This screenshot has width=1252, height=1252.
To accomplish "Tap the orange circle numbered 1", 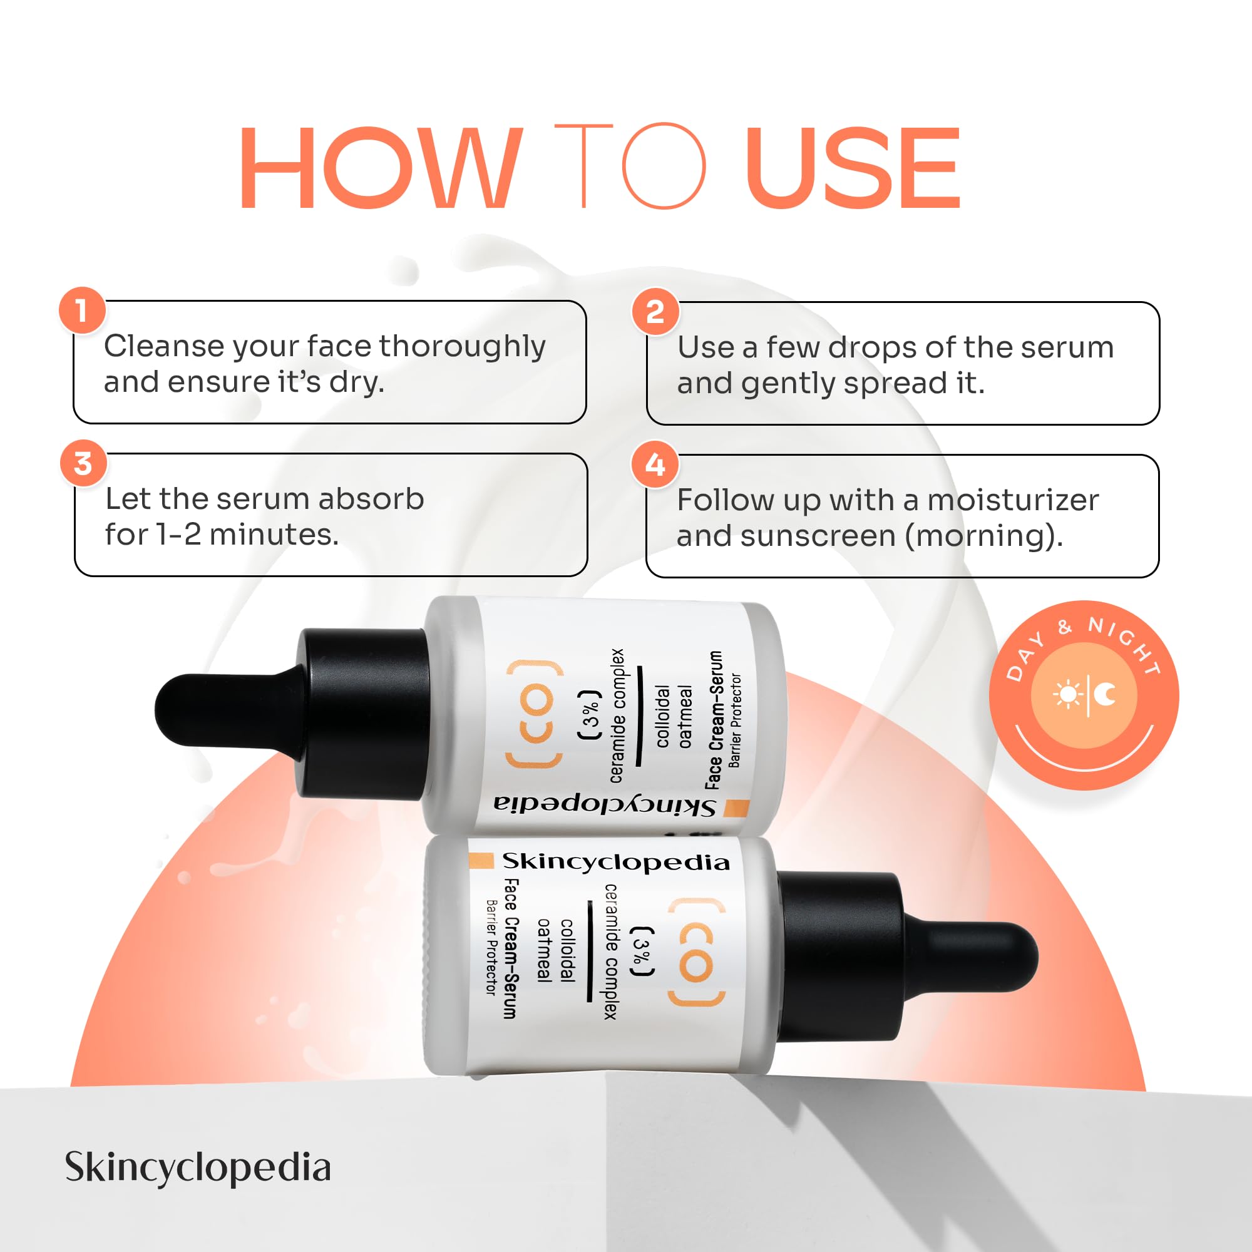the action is pos(82,310).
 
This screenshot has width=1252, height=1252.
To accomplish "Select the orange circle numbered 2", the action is pos(655,312).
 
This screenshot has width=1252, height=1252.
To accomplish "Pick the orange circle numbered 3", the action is pos(83,463).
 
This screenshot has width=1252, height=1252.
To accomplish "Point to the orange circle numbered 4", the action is pos(655,464).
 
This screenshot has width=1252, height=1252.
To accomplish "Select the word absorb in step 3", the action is pos(371,498).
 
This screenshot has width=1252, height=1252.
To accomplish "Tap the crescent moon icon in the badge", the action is pos(1106,695).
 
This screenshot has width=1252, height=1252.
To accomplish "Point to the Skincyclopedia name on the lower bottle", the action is pos(615,862).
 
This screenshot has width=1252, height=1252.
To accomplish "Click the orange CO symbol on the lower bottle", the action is pos(697,953).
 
